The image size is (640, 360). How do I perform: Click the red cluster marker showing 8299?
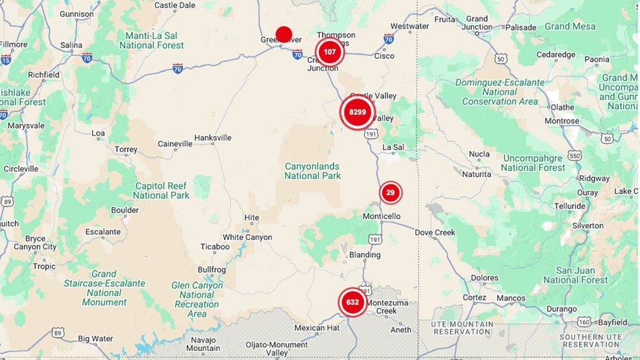click(358, 112)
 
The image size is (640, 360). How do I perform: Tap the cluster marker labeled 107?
click(330, 52)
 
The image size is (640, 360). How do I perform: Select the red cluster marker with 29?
click(390, 193)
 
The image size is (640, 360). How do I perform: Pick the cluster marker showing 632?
click(352, 302)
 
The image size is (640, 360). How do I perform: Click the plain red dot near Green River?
click(284, 34)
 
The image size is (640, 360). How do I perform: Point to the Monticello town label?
click(382, 216)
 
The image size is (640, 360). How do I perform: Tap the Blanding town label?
click(365, 255)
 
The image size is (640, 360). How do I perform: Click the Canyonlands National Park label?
click(312, 171)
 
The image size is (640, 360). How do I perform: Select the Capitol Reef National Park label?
click(161, 190)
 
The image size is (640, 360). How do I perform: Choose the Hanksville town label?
click(213, 138)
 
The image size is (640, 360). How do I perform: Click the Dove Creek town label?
click(435, 232)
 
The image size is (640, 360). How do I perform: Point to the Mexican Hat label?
click(317, 328)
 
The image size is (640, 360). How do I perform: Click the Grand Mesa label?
click(569, 27)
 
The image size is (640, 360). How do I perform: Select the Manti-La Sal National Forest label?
click(151, 40)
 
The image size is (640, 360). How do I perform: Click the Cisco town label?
click(384, 56)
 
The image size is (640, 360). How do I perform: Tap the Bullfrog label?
click(212, 269)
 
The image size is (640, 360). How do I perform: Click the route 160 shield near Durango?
click(584, 322)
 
